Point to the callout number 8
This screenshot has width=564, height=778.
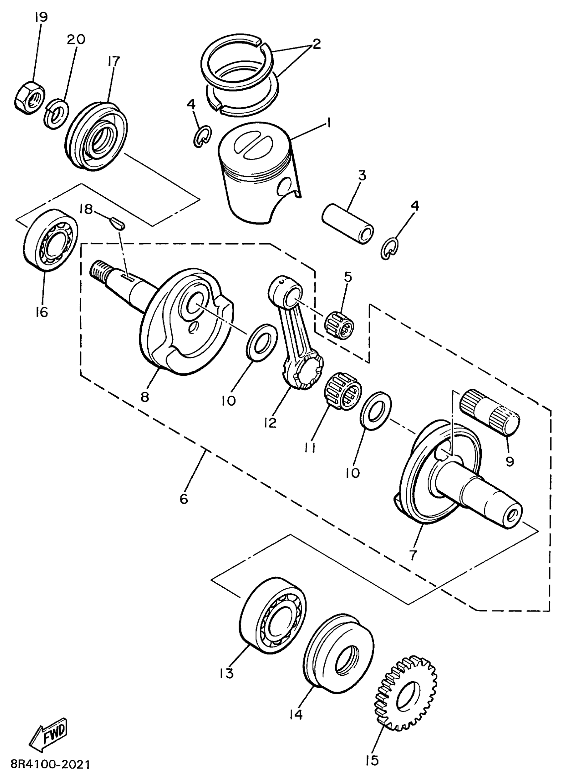145,397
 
